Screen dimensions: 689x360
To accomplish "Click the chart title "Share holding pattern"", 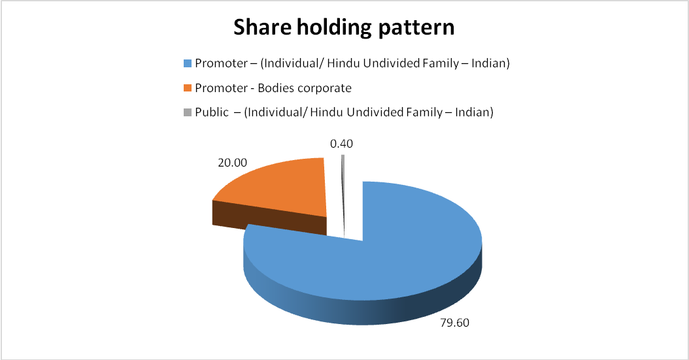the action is click(344, 28).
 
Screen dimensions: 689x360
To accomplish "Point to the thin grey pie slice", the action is click(343, 197).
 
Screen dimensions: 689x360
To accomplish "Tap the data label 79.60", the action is click(455, 323).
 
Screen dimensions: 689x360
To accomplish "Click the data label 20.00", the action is click(233, 163).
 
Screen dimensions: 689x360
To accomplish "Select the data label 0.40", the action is click(341, 144).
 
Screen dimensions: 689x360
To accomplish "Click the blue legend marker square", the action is click(188, 63).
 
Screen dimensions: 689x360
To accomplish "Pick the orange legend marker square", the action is click(188, 88).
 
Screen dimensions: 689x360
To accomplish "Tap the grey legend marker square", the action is click(188, 112).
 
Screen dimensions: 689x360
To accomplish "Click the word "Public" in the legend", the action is click(212, 112).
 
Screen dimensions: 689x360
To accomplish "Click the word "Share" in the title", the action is click(262, 27).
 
